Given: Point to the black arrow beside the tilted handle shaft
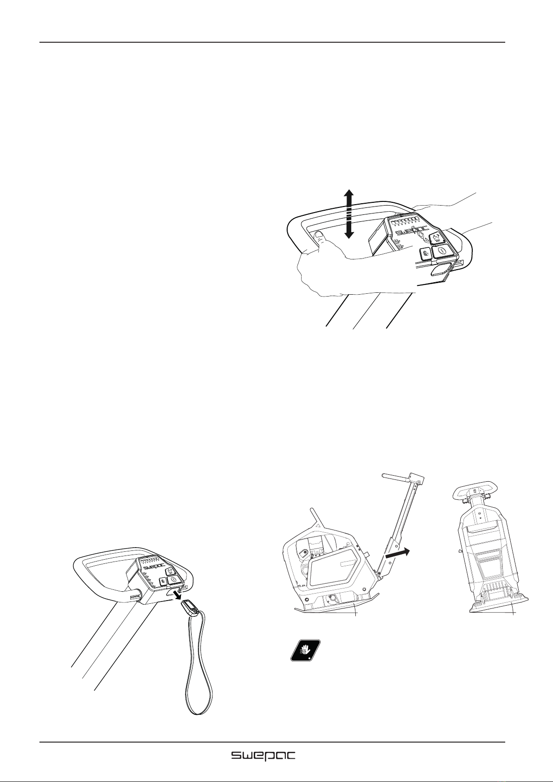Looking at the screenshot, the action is click(398, 553).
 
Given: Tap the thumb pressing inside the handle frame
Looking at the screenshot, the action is click(319, 239).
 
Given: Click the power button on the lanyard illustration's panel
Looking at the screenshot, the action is click(174, 579).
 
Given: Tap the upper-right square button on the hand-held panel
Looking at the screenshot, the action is click(437, 239).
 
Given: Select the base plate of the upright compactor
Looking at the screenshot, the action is click(499, 607).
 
